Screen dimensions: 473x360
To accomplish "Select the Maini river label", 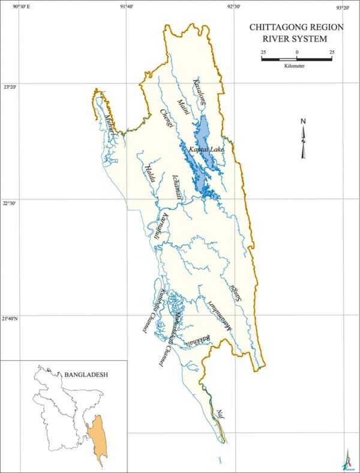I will pyautogui.click(x=183, y=107).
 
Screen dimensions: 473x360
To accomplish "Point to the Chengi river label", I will pyautogui.click(x=166, y=118).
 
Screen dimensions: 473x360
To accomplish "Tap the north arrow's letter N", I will pyautogui.click(x=304, y=122).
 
